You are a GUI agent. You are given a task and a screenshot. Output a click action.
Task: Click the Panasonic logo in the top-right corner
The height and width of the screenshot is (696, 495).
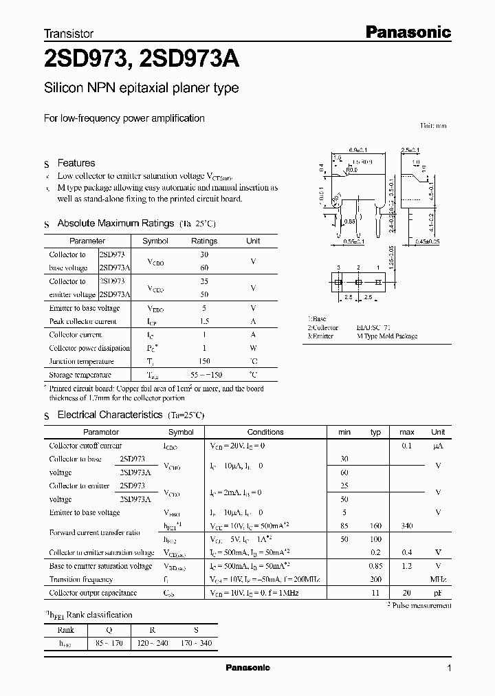coord(407,32)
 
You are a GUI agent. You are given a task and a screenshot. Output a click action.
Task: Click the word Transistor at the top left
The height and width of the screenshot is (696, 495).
coord(69,33)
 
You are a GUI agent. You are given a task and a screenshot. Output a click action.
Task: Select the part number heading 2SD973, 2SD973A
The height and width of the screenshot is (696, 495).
coord(142,61)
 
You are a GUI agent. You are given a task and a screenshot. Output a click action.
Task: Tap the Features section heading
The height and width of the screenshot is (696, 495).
coord(76,163)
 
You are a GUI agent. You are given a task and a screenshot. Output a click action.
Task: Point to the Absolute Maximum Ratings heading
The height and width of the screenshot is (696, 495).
coord(115,224)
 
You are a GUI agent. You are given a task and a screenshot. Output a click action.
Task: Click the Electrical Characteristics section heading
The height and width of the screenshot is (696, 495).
coord(109,415)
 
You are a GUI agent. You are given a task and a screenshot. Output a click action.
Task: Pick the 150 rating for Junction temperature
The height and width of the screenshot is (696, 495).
coord(203,361)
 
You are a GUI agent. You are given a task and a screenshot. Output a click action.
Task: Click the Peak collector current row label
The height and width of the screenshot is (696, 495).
coord(83,321)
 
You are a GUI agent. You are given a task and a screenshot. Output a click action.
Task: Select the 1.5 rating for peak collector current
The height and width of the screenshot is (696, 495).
coord(203,321)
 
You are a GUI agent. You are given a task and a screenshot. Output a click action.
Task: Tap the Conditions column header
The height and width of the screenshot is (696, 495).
coord(265,432)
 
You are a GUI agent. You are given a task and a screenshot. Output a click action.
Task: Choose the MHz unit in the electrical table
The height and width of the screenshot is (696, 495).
coord(438,579)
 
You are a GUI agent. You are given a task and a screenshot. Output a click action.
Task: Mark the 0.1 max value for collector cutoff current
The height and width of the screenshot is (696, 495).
coord(406,446)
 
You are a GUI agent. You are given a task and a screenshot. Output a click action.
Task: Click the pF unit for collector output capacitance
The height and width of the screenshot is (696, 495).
coord(438,592)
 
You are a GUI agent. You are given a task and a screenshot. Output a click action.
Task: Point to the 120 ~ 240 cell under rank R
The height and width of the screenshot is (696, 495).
coord(153,643)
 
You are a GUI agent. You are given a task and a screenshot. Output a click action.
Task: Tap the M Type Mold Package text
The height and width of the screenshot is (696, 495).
coord(387,336)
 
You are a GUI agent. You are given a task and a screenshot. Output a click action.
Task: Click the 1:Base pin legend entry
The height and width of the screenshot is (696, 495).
coord(318,320)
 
